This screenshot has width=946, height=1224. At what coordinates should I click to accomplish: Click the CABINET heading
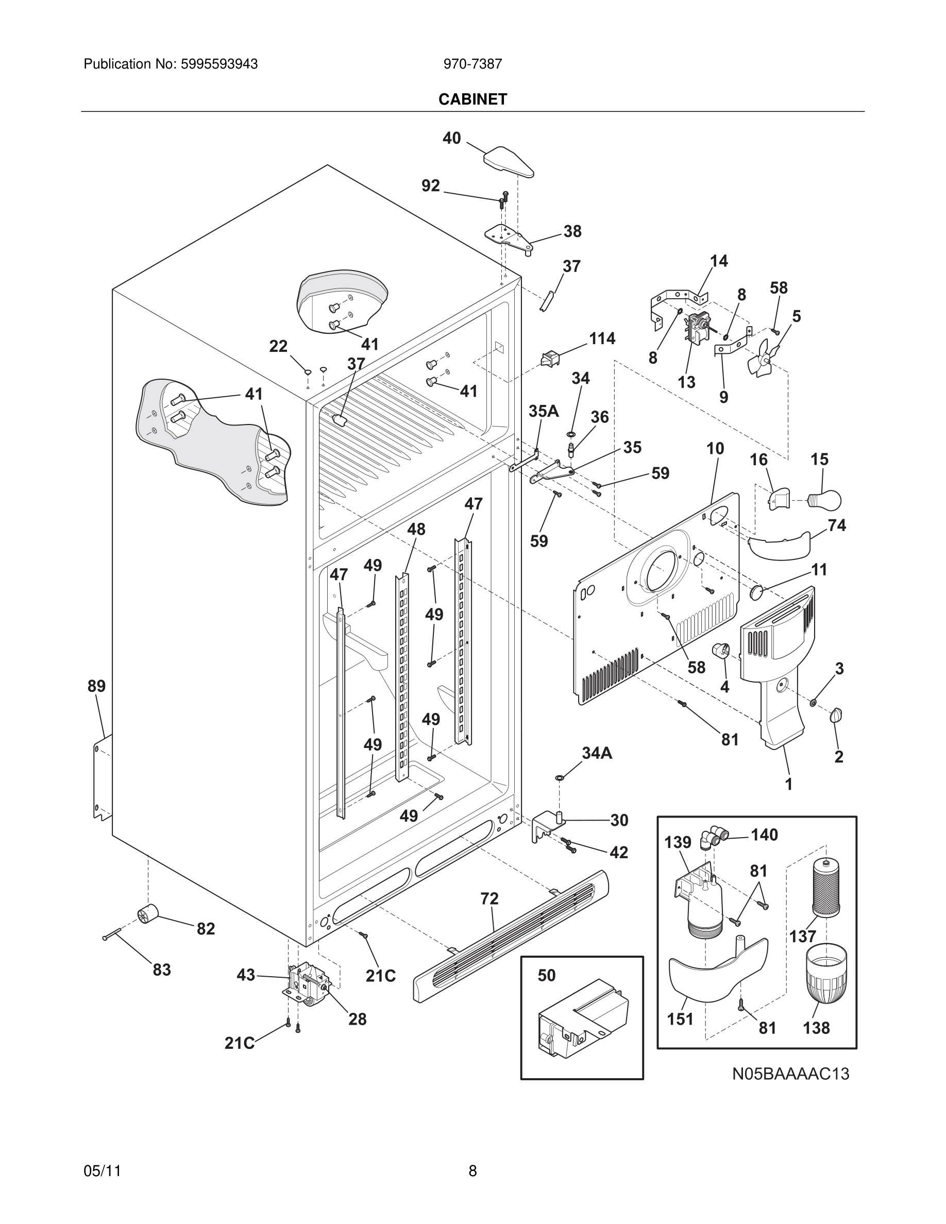[472, 99]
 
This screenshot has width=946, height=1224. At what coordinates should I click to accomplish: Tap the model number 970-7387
[472, 64]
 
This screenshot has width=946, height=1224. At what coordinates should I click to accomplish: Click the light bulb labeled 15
[825, 498]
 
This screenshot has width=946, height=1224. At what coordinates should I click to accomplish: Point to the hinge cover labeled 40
[508, 162]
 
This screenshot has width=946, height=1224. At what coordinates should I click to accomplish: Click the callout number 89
[96, 686]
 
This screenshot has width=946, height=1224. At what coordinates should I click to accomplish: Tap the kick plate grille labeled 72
[510, 936]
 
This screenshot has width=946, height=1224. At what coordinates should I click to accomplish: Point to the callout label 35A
[544, 411]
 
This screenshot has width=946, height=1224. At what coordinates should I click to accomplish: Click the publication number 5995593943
[218, 64]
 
